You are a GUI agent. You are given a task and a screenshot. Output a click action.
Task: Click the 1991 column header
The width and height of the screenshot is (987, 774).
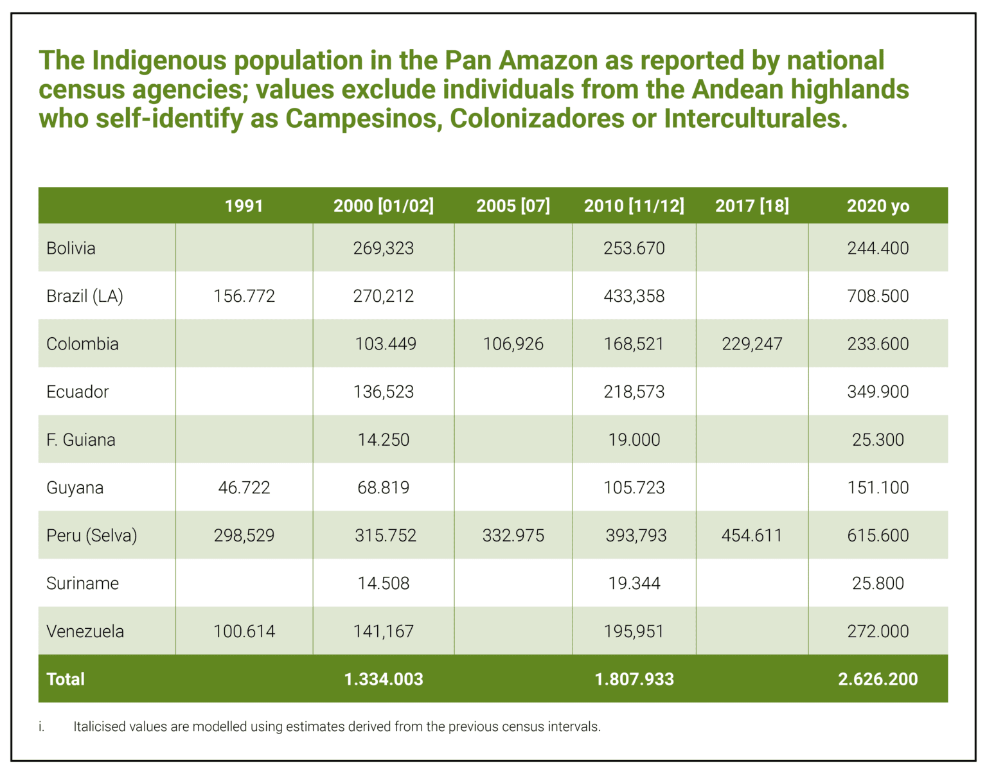tap(244, 206)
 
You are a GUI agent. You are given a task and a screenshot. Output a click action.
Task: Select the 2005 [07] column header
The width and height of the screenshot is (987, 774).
tap(513, 206)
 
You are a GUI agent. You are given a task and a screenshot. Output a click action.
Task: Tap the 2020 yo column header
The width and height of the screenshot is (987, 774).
tap(878, 206)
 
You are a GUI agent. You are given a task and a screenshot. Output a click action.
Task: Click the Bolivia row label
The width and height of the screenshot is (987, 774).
tap(71, 248)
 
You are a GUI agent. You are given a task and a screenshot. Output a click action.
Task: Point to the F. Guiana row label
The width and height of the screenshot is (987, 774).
tap(81, 439)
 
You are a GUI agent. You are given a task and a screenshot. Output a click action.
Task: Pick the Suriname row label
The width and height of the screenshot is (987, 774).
tap(82, 583)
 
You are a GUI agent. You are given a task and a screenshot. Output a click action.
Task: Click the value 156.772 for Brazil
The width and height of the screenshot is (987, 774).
tap(244, 296)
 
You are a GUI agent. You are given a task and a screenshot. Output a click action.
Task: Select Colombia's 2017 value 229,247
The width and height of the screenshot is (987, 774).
tap(752, 344)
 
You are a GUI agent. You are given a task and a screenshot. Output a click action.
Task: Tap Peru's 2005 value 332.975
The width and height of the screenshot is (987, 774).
tap(513, 536)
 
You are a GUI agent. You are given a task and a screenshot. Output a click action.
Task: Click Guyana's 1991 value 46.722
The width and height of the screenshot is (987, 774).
tap(244, 488)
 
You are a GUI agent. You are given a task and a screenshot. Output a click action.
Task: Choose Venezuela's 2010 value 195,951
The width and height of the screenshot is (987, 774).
tap(634, 631)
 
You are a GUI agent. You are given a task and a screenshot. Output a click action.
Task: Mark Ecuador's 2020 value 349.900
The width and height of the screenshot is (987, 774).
tap(878, 392)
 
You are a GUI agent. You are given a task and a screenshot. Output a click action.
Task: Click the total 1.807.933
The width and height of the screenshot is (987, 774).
tap(634, 680)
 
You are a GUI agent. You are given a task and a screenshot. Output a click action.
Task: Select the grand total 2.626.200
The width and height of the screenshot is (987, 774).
tap(878, 680)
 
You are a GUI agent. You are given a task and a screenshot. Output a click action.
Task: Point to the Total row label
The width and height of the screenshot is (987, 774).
tap(66, 680)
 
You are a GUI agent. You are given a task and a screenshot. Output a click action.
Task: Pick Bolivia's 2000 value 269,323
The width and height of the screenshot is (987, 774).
tap(383, 248)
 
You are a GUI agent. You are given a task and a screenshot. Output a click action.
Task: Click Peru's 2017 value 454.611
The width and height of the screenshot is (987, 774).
tap(752, 536)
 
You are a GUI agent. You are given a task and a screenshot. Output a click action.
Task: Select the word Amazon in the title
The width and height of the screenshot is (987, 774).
tap(548, 61)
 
